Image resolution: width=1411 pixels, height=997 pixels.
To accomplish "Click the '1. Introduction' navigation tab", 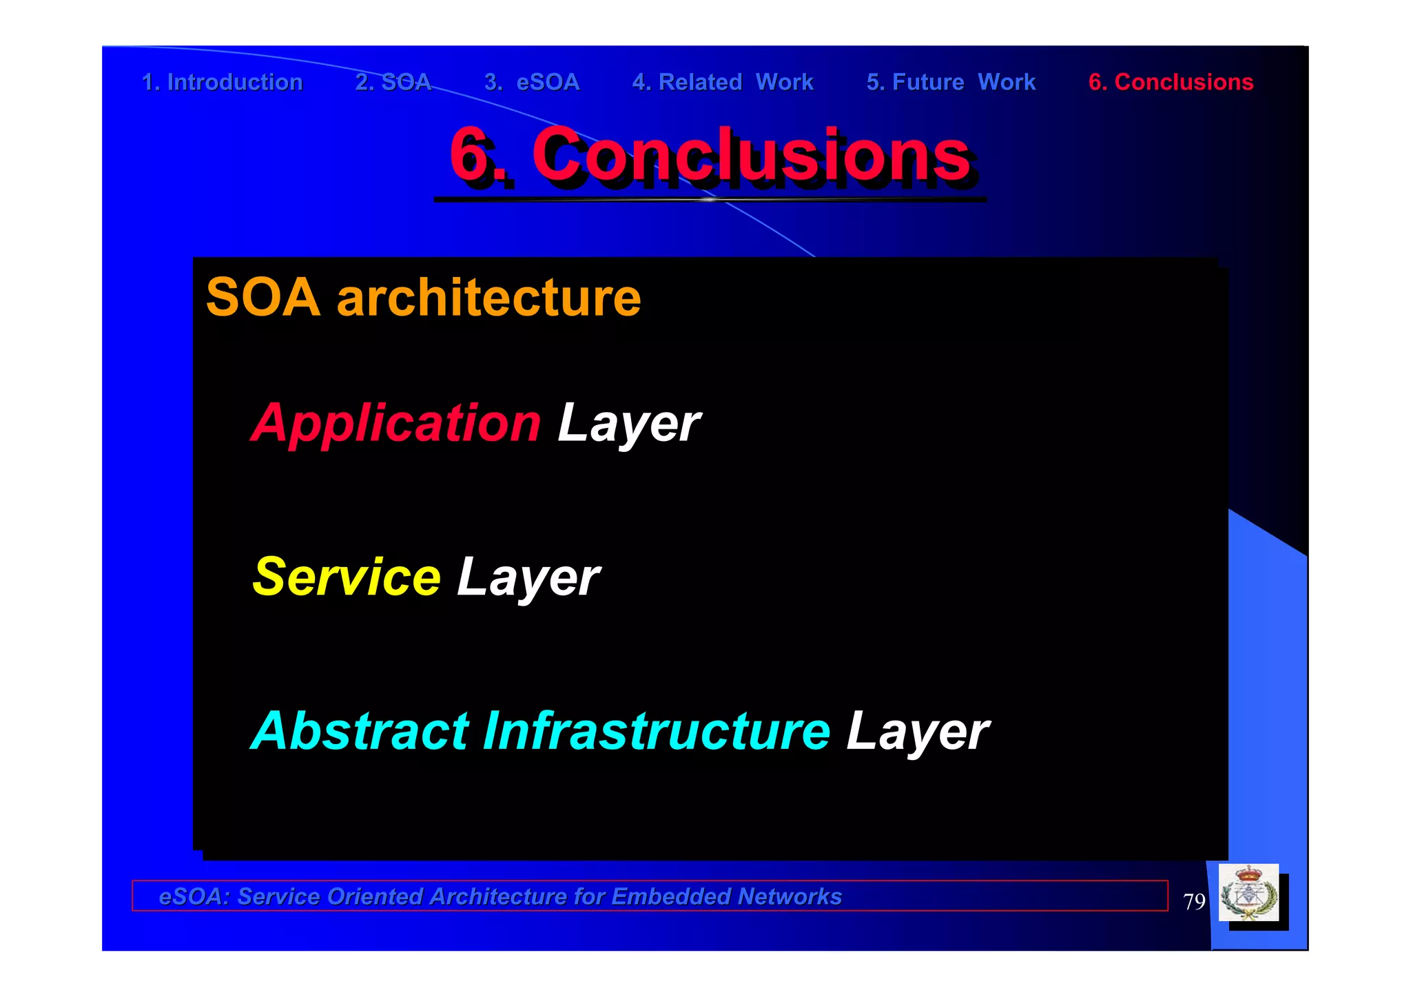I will coord(222,82).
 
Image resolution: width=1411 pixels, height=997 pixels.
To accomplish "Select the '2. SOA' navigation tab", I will coord(393,82).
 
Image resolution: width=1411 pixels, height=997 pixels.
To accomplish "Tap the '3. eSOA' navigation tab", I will coord(532,82).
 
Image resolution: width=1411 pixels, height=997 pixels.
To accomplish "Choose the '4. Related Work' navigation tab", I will coord(723,82).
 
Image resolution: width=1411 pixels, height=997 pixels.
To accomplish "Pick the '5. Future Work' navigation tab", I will coord(951,82).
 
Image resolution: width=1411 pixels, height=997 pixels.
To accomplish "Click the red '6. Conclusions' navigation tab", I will coord(1171,82).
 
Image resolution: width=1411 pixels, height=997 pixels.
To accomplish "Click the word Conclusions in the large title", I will coord(751,155).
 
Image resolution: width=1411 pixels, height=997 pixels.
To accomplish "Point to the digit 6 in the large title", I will coord(468,155).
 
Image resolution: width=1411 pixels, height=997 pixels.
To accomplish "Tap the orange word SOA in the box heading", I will coord(263,298).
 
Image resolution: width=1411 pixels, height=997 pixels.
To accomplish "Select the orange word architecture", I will coord(488,298).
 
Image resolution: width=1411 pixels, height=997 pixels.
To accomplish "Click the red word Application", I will coord(396,423).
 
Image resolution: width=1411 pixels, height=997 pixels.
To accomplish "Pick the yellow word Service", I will coord(347,577).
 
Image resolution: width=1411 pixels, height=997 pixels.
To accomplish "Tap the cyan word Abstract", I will coord(360,731).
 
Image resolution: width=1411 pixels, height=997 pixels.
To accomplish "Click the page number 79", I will coord(1194,901).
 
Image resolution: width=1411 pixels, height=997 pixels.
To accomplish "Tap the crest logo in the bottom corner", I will coord(1248,893).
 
